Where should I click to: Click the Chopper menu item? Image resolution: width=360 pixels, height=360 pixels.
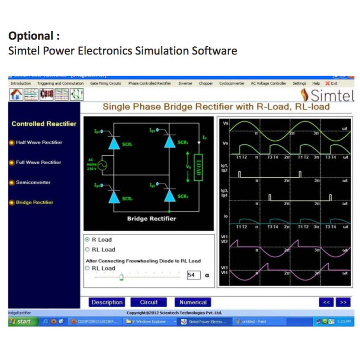206,83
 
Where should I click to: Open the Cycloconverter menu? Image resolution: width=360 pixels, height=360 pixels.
232,83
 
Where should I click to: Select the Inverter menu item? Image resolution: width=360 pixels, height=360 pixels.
185,83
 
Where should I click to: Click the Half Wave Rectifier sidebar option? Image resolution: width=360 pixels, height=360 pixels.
39,143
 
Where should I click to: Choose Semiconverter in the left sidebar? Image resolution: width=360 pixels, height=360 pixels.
33,182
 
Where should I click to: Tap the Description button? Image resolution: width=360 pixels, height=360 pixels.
107,302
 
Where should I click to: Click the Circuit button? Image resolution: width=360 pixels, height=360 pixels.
148,302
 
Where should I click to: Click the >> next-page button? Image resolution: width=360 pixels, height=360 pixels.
343,302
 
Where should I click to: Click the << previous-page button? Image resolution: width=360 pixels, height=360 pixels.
327,302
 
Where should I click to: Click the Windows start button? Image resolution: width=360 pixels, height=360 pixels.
21,322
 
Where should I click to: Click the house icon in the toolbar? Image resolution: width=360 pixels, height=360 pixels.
16,94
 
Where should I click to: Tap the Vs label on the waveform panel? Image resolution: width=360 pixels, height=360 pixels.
225,123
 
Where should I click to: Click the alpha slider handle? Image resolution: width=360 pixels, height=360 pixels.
121,277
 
